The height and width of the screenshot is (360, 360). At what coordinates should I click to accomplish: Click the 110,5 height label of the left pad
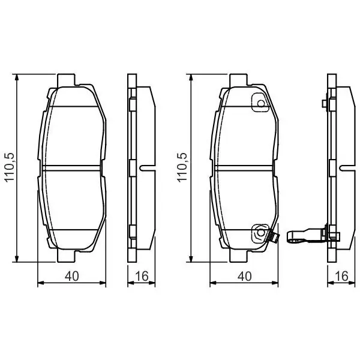(x=10, y=167)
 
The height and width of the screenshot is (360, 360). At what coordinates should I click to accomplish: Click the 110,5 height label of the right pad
(x=182, y=167)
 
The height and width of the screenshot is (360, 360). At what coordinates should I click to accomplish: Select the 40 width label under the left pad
(x=72, y=276)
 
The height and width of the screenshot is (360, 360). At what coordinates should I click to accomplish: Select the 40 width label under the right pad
(x=245, y=276)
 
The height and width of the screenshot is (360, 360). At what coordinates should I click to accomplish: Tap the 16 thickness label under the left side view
(x=142, y=276)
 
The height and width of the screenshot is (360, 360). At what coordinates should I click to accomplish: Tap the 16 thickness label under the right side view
(x=341, y=276)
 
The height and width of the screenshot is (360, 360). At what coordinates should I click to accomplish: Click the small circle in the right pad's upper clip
(x=261, y=103)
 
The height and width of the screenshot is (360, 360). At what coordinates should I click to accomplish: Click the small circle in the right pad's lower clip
(x=260, y=233)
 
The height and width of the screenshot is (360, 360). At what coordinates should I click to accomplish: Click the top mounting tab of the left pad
(x=66, y=80)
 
